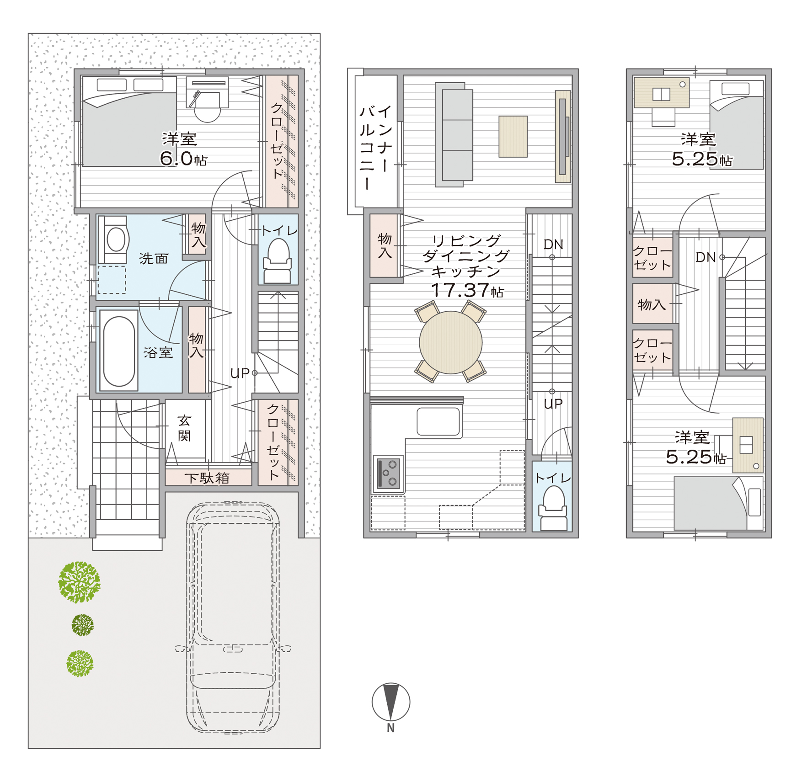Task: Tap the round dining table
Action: coord(450,342)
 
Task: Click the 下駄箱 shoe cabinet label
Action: coord(207,478)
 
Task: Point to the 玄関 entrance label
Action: coord(184,428)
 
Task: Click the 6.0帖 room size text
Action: coord(183,159)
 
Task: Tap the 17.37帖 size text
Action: coord(467,290)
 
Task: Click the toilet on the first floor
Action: coord(278,261)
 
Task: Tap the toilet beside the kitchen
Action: coord(553,508)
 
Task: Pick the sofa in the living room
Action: coord(454,135)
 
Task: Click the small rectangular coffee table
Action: coord(513,136)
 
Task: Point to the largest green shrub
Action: coord(79,582)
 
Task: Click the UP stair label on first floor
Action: coord(240,373)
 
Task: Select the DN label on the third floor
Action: coord(705,257)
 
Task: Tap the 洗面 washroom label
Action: coord(154,259)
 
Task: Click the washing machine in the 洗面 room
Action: coord(114,239)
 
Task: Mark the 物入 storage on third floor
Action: coord(653,303)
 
